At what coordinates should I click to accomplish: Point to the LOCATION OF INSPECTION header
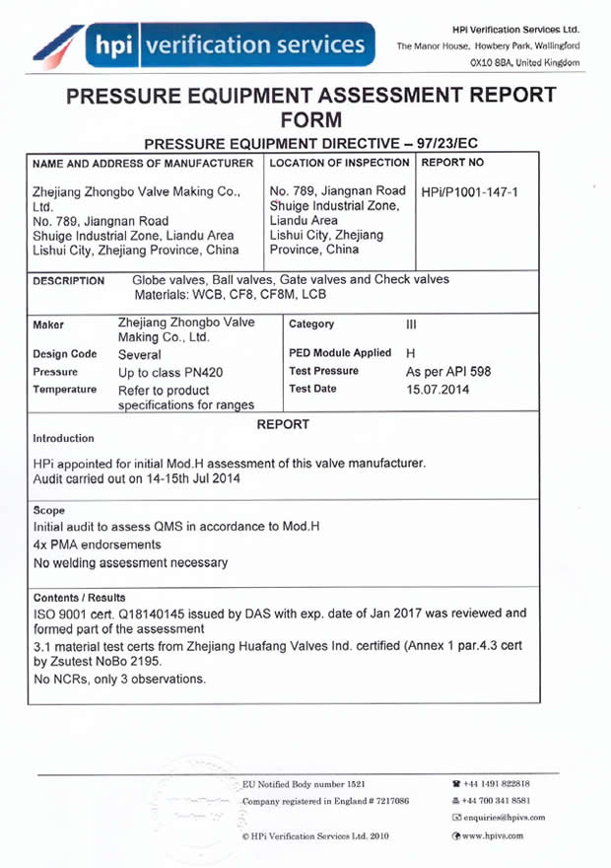pos(339,162)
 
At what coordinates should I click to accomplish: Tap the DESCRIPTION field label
pos(69,281)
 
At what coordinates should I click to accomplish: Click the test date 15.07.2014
pos(440,390)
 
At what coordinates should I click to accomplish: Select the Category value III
pos(412,324)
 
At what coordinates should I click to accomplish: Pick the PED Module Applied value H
pos(411,353)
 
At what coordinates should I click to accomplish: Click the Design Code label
pos(65,353)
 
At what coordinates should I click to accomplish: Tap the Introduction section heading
pos(64,438)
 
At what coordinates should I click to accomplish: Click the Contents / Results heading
pos(79,598)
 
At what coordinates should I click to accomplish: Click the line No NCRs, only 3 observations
pos(119,680)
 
